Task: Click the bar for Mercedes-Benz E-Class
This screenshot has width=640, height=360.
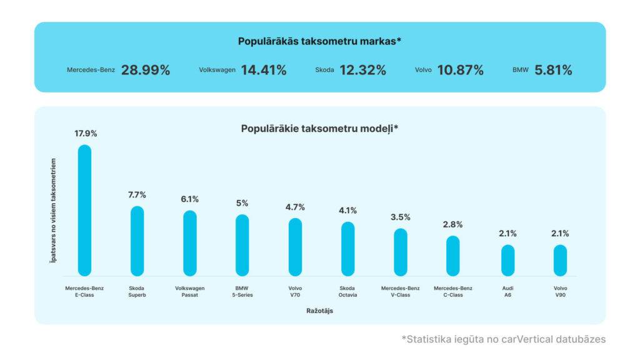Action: point(84,210)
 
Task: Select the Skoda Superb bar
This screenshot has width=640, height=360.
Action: point(137,241)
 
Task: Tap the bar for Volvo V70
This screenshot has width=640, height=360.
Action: point(295,247)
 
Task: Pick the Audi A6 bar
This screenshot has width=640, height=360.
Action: point(507,260)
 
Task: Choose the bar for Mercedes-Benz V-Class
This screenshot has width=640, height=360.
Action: point(401,252)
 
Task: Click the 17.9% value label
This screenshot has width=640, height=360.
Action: point(85,133)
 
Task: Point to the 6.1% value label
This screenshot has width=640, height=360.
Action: point(190,199)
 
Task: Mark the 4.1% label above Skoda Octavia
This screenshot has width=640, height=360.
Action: point(347,211)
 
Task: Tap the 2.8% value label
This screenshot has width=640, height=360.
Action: point(453,224)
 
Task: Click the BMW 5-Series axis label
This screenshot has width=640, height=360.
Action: point(242,291)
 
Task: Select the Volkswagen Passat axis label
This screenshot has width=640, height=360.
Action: point(190,291)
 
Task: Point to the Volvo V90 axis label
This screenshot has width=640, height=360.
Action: point(560,291)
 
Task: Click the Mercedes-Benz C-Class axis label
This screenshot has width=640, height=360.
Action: point(453,291)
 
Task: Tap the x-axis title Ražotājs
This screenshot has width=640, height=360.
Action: point(319,311)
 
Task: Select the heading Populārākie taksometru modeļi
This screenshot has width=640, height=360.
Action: point(319,129)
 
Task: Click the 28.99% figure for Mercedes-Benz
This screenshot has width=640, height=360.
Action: point(146,70)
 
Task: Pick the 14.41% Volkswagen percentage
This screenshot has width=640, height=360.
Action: point(263,70)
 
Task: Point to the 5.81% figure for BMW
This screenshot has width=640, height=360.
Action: point(553,70)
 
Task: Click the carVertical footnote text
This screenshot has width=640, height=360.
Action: point(503,339)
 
